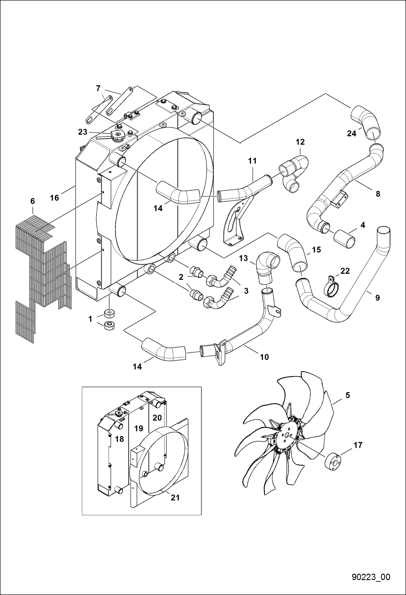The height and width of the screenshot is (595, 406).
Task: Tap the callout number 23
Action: (83, 132)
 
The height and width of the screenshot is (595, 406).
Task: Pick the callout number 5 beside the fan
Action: (348, 395)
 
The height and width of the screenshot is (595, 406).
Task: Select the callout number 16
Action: (54, 198)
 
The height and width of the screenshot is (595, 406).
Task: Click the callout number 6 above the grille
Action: (33, 201)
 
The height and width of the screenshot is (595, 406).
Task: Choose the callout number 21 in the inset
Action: (175, 497)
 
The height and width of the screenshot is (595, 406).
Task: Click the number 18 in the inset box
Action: (119, 439)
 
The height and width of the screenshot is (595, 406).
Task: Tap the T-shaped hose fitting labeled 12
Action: (294, 173)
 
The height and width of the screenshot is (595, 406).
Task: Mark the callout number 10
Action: (264, 357)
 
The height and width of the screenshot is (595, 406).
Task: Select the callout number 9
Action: (378, 298)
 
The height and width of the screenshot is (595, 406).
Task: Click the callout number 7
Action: (98, 88)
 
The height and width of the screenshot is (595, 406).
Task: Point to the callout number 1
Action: (90, 319)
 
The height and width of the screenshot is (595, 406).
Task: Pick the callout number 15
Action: (316, 250)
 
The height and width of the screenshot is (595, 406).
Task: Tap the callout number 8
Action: (378, 194)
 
